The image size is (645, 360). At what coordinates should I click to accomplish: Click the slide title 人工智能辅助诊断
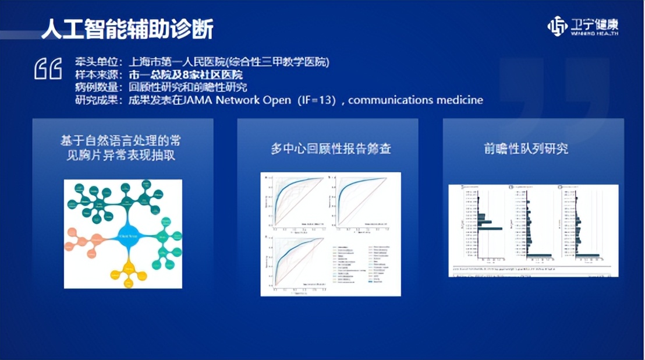coord(127,29)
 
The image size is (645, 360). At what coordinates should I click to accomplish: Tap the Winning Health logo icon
coord(557,26)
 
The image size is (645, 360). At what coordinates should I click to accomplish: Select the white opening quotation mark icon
coord(48,69)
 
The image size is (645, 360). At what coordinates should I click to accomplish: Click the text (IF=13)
coord(316,100)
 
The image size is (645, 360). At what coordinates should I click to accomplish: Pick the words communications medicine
coord(416,100)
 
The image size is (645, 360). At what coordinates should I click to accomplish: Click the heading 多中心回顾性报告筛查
coord(331,149)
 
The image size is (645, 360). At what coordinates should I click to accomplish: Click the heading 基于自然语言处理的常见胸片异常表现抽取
coord(122,148)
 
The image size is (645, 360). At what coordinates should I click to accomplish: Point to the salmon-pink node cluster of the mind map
coord(84,241)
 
